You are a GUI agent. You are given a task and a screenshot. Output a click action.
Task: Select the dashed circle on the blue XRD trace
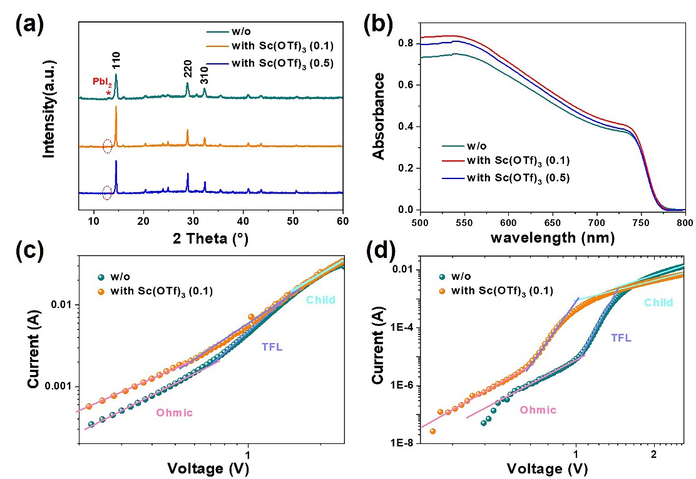point(107,193)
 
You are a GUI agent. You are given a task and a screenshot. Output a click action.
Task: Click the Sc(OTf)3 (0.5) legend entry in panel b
point(519,178)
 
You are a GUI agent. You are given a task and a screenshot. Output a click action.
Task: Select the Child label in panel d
point(658,303)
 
